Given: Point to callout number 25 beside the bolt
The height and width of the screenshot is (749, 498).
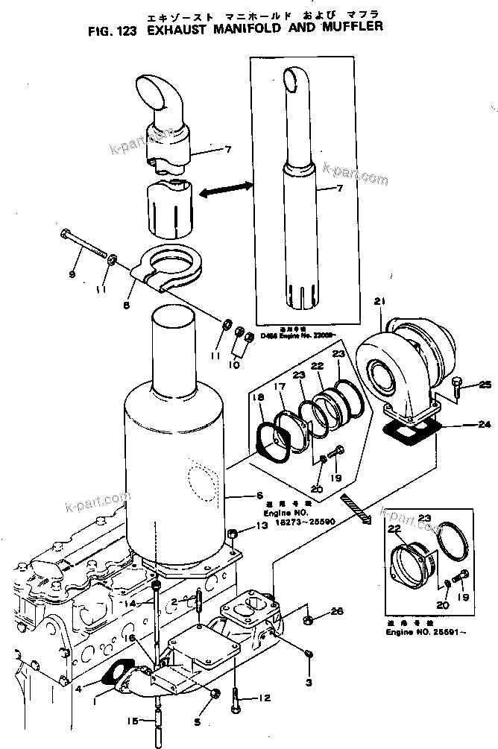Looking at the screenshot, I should pyautogui.click(x=485, y=385).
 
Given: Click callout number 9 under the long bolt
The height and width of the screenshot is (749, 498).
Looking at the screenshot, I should pyautogui.click(x=72, y=275).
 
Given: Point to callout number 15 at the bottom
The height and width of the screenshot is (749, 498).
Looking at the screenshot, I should pyautogui.click(x=131, y=720).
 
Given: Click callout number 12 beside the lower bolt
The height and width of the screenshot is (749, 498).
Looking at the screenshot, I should pyautogui.click(x=263, y=698).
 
